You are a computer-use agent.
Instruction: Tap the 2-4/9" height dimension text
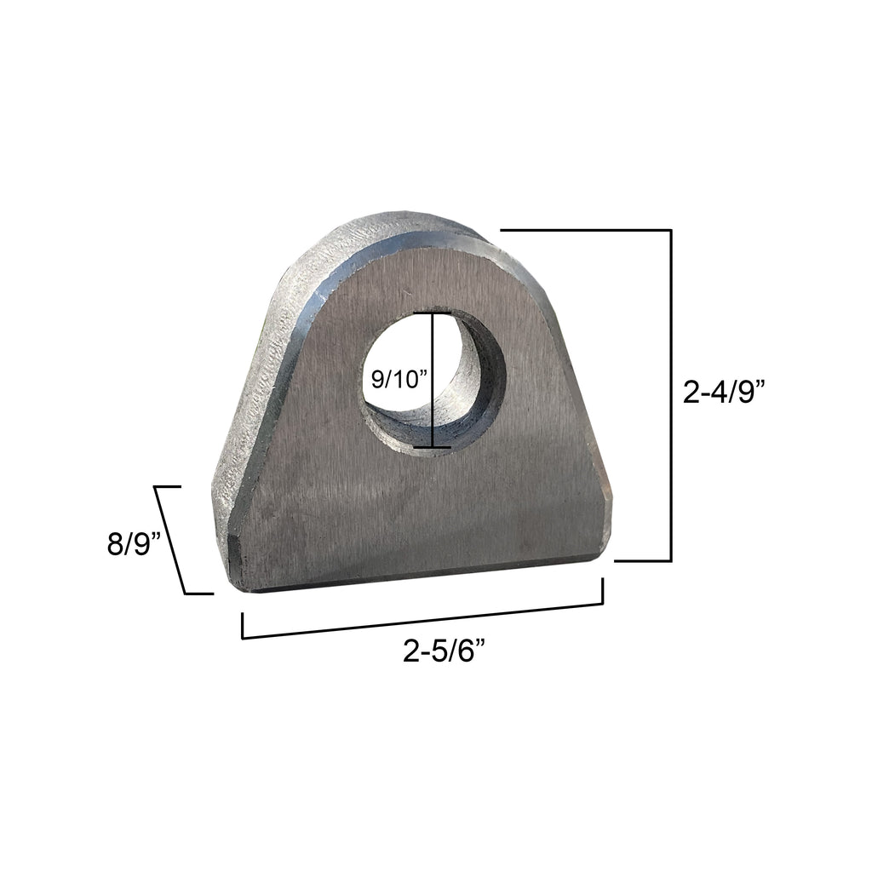point(725,393)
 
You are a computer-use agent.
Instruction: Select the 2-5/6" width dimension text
point(445,653)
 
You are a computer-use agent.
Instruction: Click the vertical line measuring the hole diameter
point(433,380)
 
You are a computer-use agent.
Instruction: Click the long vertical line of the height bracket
point(671,396)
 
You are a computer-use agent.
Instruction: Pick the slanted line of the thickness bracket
point(170,540)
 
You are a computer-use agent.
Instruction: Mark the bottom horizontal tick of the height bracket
point(642,561)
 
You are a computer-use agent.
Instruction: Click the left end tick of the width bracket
point(244,625)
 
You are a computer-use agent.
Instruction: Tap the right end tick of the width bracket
point(603,591)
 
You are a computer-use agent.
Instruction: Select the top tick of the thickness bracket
point(168,486)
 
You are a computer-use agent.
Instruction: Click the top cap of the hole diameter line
point(433,313)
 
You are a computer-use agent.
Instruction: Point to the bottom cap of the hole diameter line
point(433,447)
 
